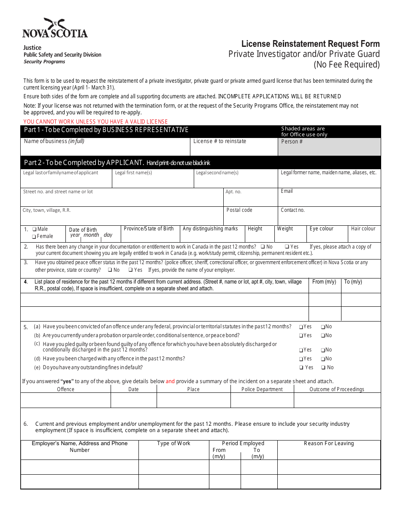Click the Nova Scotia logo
click(55, 29)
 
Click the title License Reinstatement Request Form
click(310, 44)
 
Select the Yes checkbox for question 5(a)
click(301, 327)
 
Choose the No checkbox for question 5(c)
click(323, 350)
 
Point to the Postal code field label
click(239, 210)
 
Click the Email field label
click(287, 191)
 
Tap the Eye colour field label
click(321, 229)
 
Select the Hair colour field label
click(363, 229)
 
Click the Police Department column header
click(262, 389)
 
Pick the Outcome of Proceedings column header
click(337, 389)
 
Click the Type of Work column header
click(173, 443)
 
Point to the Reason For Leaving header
click(329, 443)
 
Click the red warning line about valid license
click(95, 122)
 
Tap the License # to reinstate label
click(219, 141)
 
